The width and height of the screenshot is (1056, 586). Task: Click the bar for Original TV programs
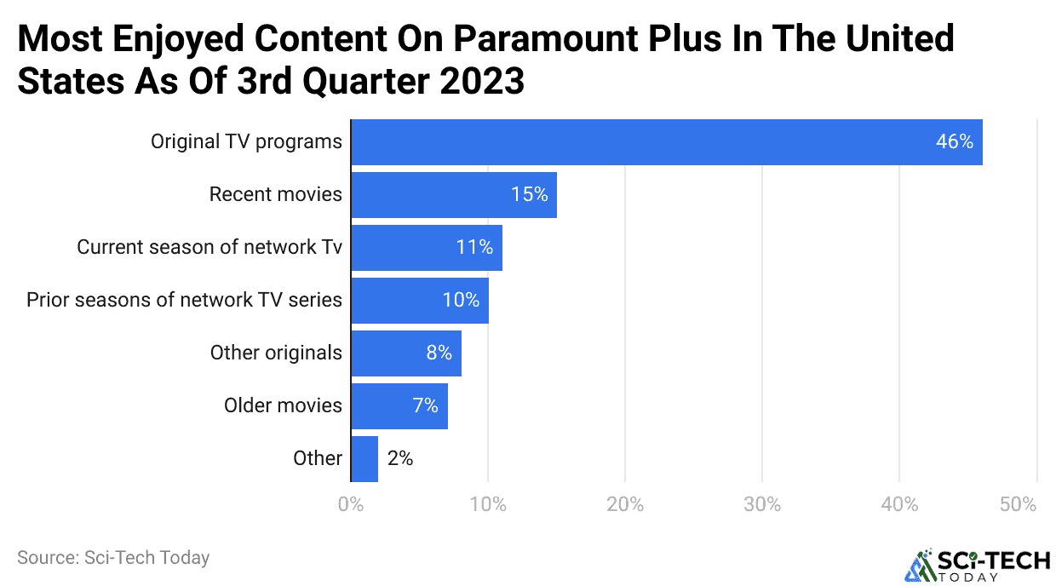[666, 142]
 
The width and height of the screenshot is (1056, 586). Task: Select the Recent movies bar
[453, 195]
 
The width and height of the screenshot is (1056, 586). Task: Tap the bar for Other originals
[405, 353]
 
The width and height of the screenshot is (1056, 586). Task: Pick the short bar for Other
[364, 458]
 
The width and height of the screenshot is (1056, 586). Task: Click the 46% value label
[954, 142]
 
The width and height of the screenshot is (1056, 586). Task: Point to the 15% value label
[529, 195]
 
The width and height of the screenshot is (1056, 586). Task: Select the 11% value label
[474, 248]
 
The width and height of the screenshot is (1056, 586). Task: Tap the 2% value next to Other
[399, 458]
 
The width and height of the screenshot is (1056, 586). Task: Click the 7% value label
[425, 405]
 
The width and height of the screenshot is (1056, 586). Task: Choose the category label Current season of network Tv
[209, 248]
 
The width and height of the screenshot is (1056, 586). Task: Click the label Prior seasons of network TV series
[184, 300]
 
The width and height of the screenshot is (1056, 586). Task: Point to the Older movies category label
[283, 405]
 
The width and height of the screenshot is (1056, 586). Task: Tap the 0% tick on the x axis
[351, 504]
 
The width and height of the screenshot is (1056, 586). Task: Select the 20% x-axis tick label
[624, 504]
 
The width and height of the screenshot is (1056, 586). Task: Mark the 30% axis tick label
[761, 504]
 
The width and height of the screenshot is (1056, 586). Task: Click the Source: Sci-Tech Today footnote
[113, 558]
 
